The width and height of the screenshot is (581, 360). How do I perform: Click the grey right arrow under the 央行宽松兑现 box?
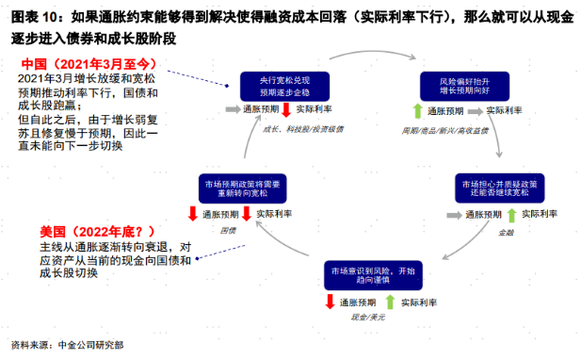click(232, 111)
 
